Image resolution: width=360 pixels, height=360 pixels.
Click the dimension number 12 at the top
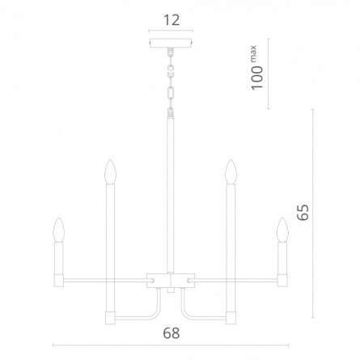pyautogui.click(x=172, y=20)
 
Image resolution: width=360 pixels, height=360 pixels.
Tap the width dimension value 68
pyautogui.click(x=172, y=333)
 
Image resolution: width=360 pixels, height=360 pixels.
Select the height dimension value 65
pyautogui.click(x=303, y=213)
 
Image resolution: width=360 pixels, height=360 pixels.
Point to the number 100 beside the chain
pyautogui.click(x=257, y=78)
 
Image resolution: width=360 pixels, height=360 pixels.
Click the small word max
pyautogui.click(x=253, y=54)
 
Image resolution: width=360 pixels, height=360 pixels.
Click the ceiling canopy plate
pyautogui.click(x=171, y=43)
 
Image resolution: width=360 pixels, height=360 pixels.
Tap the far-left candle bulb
pyautogui.click(x=59, y=230)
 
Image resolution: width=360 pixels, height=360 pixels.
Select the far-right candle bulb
pyautogui.click(x=283, y=230)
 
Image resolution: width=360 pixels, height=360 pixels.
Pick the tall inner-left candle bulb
pyautogui.click(x=110, y=172)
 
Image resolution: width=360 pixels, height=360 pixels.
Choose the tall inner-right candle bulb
pyautogui.click(x=231, y=172)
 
